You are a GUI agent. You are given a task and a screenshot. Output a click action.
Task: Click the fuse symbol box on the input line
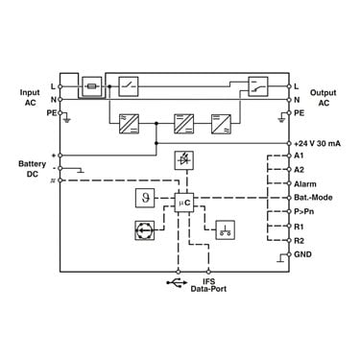pos(92,86)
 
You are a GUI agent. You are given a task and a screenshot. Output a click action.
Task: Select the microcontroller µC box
pos(184,203)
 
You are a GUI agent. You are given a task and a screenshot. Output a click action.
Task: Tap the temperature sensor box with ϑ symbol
pos(145,198)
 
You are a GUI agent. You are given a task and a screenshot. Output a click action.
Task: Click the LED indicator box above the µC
pos(184,160)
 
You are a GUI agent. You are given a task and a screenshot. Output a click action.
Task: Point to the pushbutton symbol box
pos(226,230)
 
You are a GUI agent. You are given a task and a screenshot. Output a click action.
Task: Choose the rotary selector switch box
pos(145,230)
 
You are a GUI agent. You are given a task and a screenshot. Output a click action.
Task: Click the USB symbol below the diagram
pos(177,282)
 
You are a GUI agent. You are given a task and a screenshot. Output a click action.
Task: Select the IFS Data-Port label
pos(208,285)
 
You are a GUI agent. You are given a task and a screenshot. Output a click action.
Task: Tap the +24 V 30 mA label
pos(317,143)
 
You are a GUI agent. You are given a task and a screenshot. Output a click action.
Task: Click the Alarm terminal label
pos(305,184)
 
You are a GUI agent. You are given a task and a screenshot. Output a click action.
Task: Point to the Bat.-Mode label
pos(313,198)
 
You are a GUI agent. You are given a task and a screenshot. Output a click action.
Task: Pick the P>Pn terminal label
pos(303,212)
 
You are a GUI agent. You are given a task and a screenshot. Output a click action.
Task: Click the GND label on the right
pos(302,254)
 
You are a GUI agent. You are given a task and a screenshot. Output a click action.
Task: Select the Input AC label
pos(30,97)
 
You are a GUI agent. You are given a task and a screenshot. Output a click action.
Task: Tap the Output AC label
pos(324,98)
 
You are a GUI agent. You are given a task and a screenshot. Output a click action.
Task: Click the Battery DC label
pos(32,169)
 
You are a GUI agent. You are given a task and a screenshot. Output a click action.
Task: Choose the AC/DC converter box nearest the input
pos(129,124)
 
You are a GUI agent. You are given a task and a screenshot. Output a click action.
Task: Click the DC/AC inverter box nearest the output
pos(221,124)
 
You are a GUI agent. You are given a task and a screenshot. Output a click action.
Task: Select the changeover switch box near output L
pos(258,86)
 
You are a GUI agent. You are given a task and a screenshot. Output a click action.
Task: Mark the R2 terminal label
pos(299,241)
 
